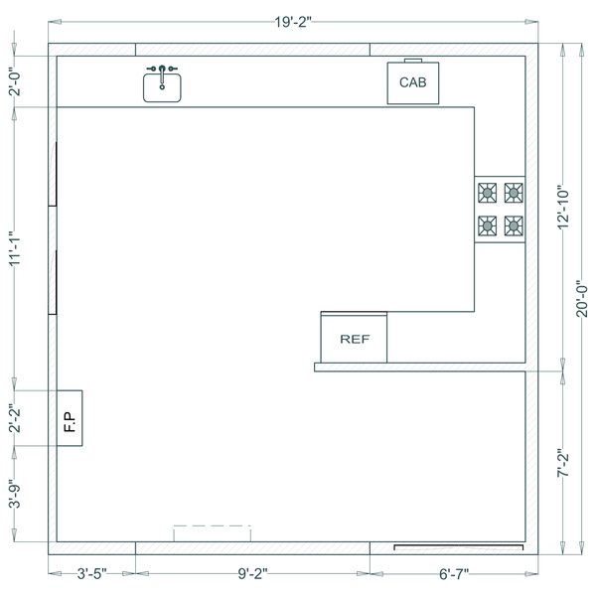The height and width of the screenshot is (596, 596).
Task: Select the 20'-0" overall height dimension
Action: coord(583,298)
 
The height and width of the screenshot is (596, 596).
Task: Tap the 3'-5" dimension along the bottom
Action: coord(91,574)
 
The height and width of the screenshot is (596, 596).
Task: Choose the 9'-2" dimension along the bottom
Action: coord(252,574)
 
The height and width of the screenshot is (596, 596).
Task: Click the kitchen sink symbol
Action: coord(162,86)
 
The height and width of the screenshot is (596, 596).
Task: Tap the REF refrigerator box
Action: coord(354,339)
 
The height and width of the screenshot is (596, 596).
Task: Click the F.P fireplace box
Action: coord(70,418)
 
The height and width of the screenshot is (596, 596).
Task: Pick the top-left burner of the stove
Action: coord(487,192)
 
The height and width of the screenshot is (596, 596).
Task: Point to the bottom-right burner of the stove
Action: coord(513,226)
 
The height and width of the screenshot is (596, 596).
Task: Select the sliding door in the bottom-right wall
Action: coord(458,546)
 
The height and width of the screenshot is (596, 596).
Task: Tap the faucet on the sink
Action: coord(162,72)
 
